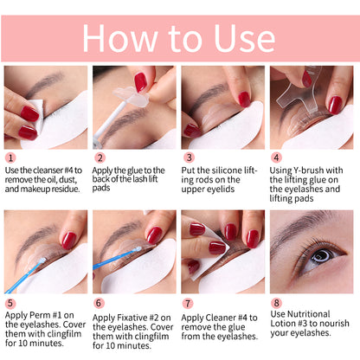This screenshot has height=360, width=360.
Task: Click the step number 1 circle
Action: click(x=11, y=158)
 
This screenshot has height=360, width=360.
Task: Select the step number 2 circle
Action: click(x=100, y=158)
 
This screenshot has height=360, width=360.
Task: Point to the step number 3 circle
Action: click(x=189, y=158)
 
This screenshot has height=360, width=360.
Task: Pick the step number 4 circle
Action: click(x=278, y=158)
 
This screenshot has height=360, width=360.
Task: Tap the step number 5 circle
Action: click(x=11, y=304)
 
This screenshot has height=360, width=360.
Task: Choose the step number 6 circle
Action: click(x=100, y=304)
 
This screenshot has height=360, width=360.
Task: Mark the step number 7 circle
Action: click(x=189, y=304)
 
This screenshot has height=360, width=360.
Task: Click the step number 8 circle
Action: click(x=278, y=304)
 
